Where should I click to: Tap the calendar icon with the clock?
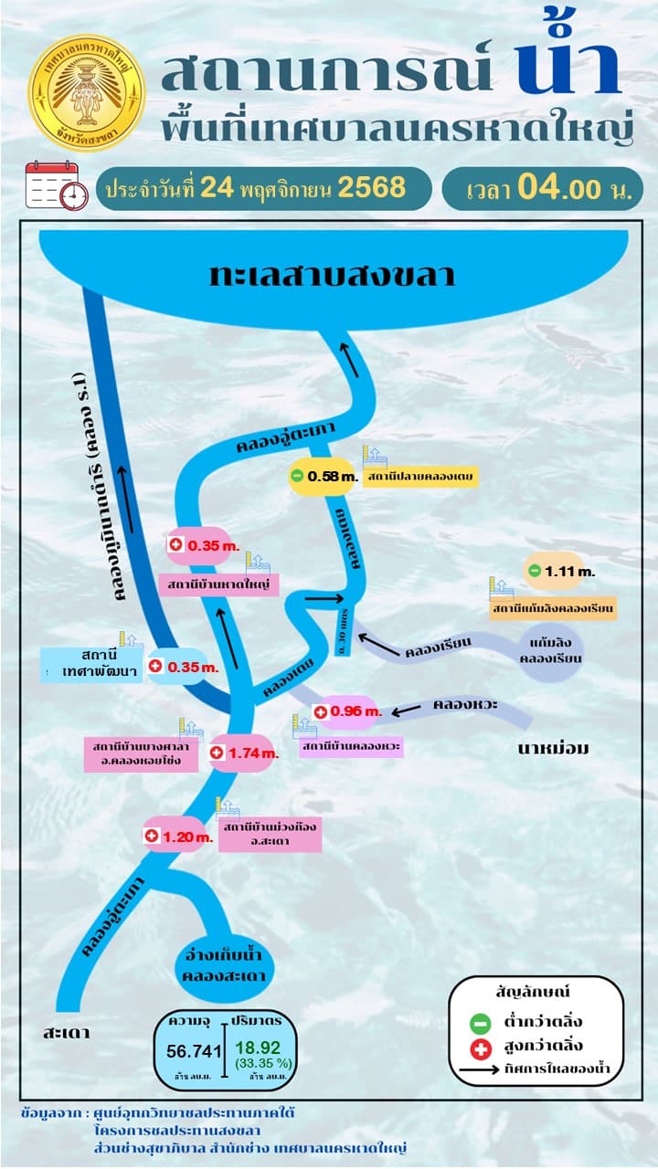pos(56,185)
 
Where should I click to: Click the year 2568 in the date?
pos(371,187)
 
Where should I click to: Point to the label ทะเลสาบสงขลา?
pos(332,275)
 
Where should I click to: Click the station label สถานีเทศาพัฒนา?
pos(93,664)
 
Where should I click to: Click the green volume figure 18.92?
pos(257,1048)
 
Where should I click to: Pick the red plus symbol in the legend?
pos(482,1046)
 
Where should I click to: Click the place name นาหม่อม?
pos(554,750)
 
